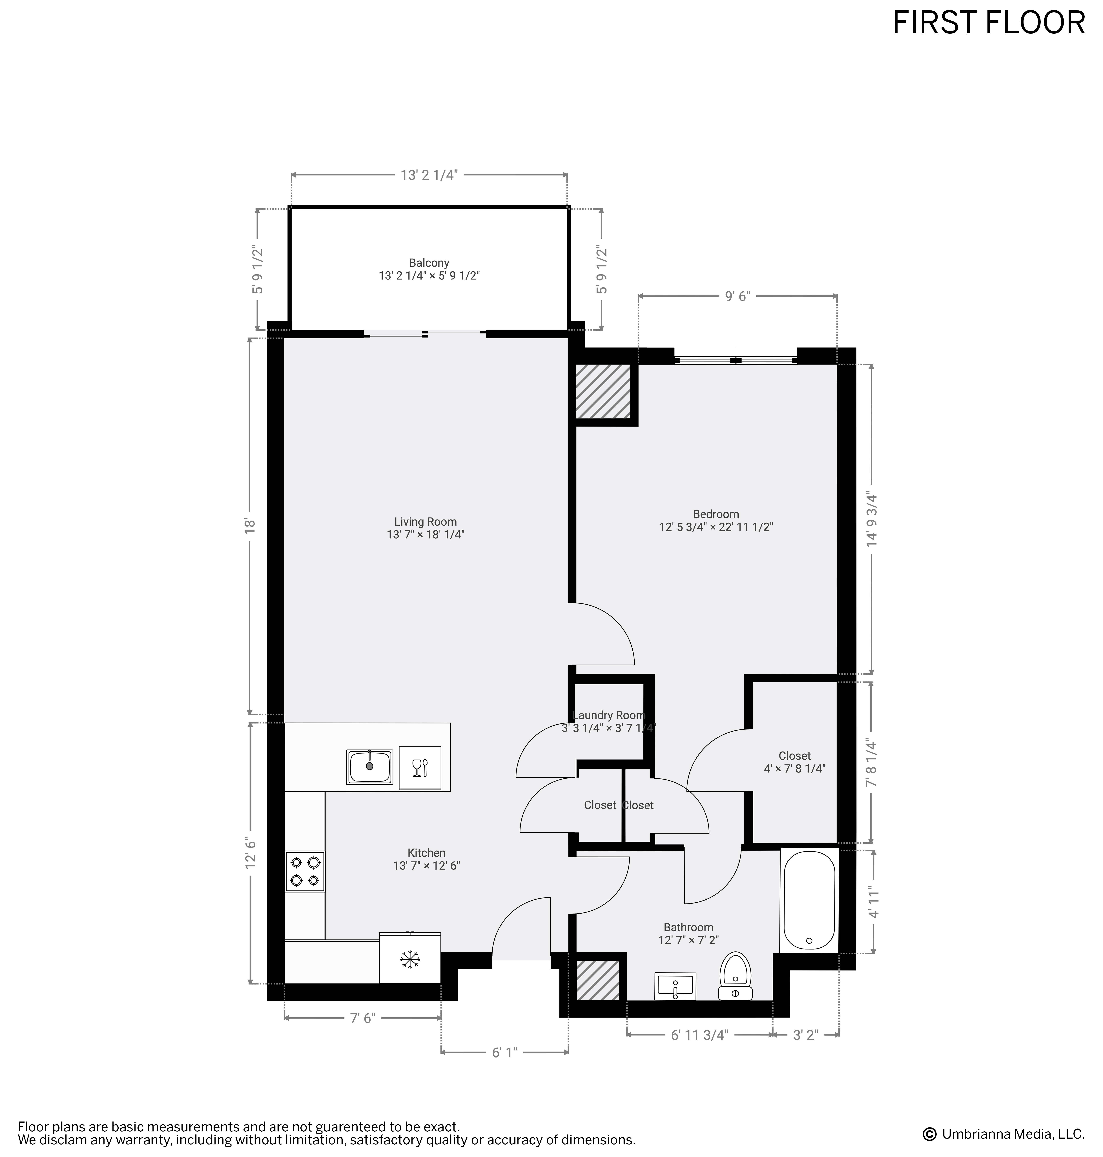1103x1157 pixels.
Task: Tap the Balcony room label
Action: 429,263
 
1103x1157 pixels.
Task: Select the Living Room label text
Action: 425,521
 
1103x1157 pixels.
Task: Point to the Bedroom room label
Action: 716,514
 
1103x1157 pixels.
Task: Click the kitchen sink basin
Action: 369,767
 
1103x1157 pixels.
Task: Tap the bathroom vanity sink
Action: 675,986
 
